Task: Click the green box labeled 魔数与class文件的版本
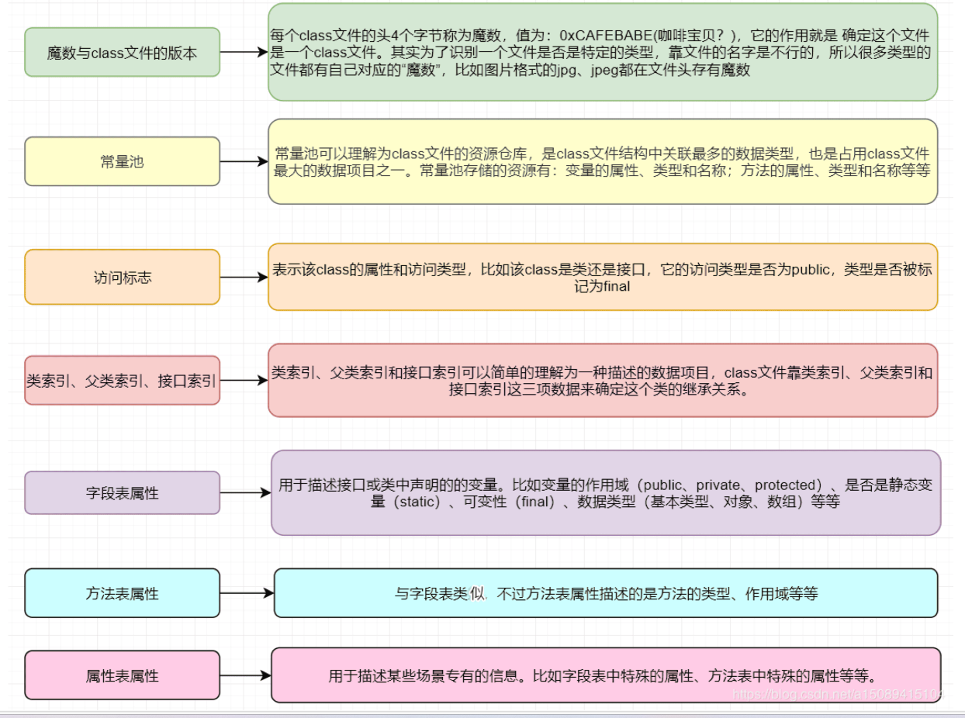coord(123,53)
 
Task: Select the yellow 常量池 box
coord(123,161)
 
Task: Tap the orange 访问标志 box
coord(123,277)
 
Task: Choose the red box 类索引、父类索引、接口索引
coord(123,381)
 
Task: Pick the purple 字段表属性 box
coord(123,492)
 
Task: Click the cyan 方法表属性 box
coord(123,593)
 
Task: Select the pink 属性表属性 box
coord(123,675)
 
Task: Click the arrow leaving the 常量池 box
coord(244,162)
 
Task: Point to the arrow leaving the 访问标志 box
coord(244,277)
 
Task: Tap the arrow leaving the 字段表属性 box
coord(245,492)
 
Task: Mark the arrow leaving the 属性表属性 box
coord(245,675)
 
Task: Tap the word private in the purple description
coord(714,485)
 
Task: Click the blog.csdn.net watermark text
coord(838,693)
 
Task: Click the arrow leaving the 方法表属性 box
coord(247,593)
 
